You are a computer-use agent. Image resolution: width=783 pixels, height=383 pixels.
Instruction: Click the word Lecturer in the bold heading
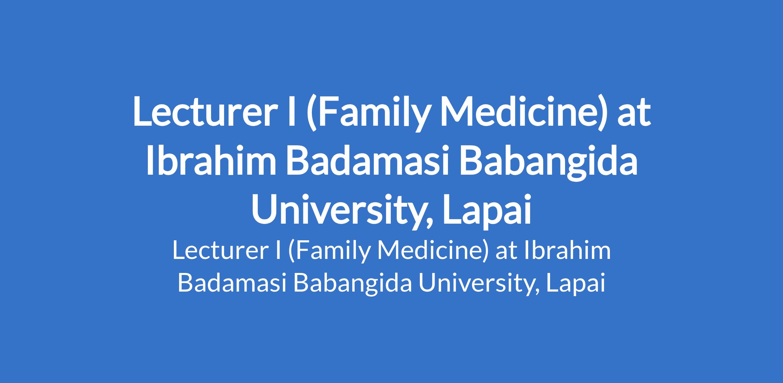202,111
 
